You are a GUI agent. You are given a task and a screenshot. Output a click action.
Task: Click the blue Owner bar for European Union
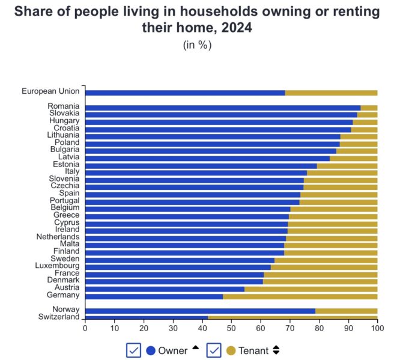(185, 93)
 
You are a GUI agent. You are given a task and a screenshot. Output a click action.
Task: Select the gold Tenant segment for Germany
(300, 296)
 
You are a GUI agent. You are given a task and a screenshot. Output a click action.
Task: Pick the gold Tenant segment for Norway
(346, 310)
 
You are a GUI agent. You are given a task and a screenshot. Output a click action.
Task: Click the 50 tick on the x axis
(231, 328)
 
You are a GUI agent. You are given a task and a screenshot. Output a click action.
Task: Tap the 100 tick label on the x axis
(377, 328)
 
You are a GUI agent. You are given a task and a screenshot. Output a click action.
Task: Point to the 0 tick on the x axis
(85, 328)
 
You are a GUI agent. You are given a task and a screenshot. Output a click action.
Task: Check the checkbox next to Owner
(133, 350)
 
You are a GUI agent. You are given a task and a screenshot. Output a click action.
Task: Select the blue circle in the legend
(151, 350)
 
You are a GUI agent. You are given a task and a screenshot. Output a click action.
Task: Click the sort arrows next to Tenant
(276, 350)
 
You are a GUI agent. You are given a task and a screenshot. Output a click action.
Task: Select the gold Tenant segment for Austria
(311, 288)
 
